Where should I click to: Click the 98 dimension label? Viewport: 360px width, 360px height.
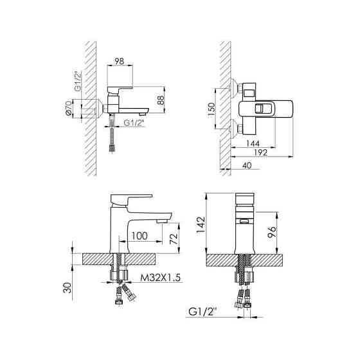pos(120,61)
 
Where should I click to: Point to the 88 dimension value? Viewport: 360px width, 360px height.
pos(161,100)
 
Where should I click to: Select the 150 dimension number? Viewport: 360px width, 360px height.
pos(212,110)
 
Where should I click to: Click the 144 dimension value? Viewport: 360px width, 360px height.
pos(253,143)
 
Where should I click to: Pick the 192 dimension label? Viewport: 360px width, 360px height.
pos(260,152)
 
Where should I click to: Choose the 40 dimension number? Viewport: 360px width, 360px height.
pos(247,165)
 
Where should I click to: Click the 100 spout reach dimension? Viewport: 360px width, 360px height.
pos(139,236)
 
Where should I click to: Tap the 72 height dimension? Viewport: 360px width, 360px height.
pos(174,239)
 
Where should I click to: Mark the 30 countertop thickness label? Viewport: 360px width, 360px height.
pos(67,287)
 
